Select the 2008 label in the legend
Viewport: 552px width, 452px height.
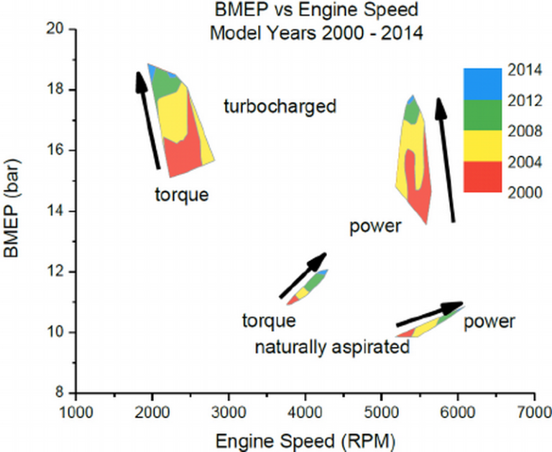523,132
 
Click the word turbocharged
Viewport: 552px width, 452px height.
280,107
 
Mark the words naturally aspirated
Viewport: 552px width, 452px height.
332,348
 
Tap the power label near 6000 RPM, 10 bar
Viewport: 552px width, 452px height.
489,321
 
